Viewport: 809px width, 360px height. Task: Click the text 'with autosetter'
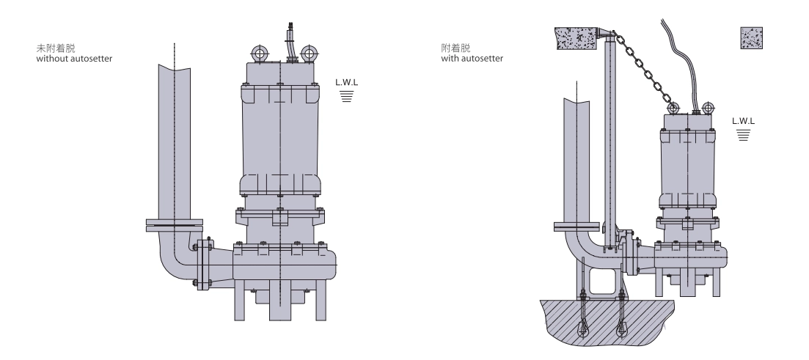(472, 59)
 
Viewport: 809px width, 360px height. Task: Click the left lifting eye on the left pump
(259, 53)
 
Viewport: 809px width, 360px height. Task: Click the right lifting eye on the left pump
(308, 53)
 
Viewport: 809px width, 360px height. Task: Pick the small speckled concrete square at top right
(752, 38)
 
